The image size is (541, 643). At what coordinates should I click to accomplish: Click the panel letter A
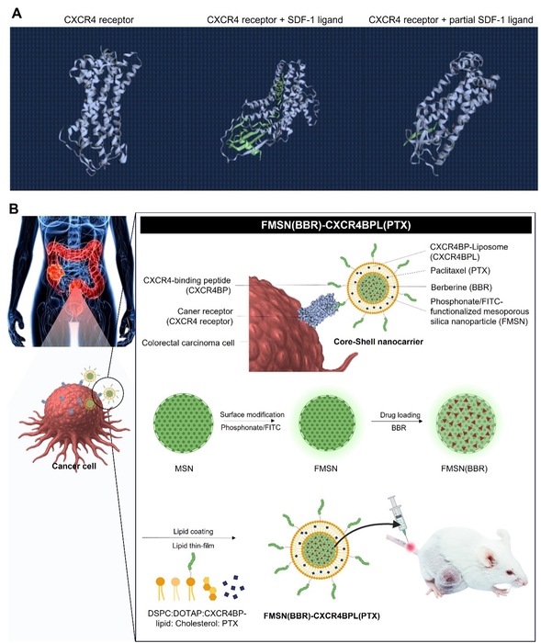pos(16,14)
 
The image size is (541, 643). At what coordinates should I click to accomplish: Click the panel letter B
pos(14,209)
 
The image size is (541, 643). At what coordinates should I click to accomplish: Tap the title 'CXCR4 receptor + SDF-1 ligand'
pos(275,19)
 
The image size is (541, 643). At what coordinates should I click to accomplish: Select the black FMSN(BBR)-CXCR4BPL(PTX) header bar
pos(335,225)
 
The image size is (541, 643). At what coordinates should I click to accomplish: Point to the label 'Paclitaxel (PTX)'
pos(460,271)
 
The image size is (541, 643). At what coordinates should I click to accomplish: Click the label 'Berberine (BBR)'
pos(461,288)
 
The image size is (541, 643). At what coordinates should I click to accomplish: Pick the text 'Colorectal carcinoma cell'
pos(188,343)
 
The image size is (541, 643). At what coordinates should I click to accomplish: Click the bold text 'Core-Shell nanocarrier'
pos(378,341)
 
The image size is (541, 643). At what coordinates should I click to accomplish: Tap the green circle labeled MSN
pos(184,423)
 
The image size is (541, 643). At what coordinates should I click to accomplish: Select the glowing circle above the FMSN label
pos(326,423)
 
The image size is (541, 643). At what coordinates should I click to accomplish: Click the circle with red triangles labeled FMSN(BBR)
pos(466,423)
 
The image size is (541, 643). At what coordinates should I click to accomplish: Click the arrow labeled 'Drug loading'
pos(397,421)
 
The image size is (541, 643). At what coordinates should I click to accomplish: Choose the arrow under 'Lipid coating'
pos(189,537)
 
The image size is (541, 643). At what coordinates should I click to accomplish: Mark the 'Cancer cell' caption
pos(73,466)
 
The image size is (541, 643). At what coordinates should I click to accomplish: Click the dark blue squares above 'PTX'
pos(233,587)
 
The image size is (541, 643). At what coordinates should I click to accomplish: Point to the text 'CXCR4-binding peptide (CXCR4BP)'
pos(187,286)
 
